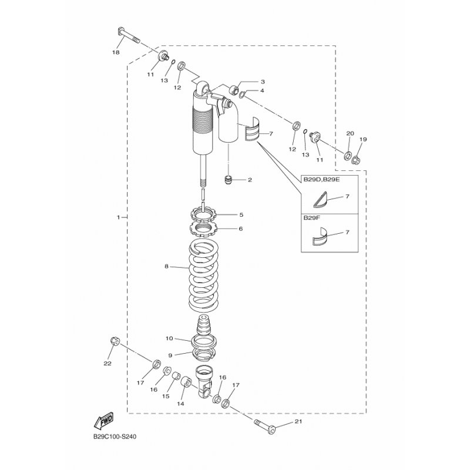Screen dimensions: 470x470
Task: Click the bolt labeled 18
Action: pos(127,35)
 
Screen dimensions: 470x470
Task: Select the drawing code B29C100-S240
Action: pos(115,437)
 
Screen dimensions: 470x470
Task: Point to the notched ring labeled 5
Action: pos(203,214)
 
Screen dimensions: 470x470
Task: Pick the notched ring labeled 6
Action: pos(203,229)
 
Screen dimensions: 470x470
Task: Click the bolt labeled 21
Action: pos(265,427)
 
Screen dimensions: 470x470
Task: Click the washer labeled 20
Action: pos(348,156)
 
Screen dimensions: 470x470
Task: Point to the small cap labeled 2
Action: pos(229,180)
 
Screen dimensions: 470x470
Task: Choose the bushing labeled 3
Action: pos(234,90)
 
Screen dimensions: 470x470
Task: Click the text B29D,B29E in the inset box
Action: pos(318,180)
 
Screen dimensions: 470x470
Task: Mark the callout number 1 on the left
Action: pos(119,217)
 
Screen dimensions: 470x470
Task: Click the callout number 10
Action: pos(169,338)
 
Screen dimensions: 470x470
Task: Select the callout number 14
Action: pos(180,404)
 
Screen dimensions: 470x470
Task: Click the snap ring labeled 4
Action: pos(242,95)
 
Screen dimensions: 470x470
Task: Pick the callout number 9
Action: pos(170,355)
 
